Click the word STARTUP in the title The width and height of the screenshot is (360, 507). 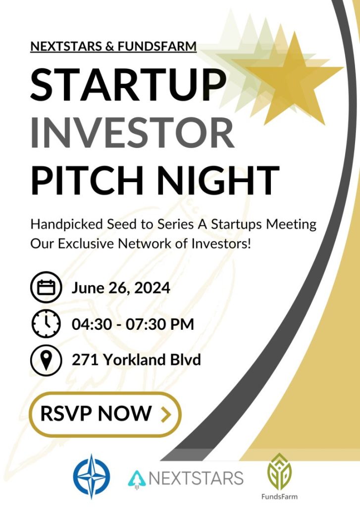click(x=128, y=85)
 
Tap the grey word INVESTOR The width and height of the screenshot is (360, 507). click(x=132, y=133)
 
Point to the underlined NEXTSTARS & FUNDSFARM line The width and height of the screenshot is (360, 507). click(x=113, y=46)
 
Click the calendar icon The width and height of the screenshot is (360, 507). click(x=46, y=287)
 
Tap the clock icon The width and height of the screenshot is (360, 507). click(x=46, y=324)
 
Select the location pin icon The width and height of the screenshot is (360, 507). click(x=46, y=360)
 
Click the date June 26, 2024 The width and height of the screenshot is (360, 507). click(x=121, y=288)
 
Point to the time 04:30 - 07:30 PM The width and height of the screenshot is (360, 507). click(x=133, y=324)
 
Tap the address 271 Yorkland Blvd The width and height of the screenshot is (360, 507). click(x=136, y=359)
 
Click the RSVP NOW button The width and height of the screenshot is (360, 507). click(x=105, y=414)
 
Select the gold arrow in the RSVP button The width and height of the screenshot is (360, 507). click(x=165, y=414)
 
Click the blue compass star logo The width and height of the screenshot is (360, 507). click(x=92, y=476)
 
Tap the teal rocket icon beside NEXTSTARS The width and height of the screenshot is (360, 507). click(x=137, y=479)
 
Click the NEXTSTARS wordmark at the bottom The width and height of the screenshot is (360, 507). click(x=196, y=478)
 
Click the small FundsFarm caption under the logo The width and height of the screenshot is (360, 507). click(x=279, y=496)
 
